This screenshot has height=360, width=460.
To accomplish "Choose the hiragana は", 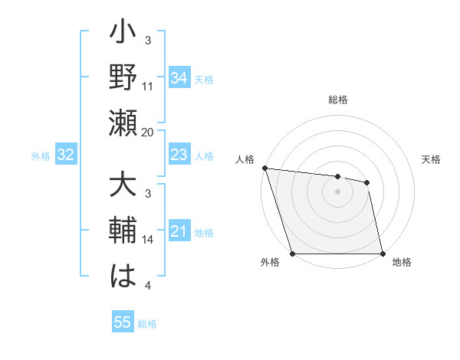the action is coord(123,277).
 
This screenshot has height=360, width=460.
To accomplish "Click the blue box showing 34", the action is coord(179,77).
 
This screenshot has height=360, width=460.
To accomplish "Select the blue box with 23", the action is coord(179,155).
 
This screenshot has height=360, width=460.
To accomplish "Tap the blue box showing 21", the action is coord(179,232).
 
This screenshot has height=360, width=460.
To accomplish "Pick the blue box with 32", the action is coord(65,155).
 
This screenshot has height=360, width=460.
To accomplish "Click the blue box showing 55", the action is coord(123,322).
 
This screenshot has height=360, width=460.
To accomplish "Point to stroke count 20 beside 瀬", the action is coord(148,132).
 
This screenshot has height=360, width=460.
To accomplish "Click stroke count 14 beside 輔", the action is coord(148,240).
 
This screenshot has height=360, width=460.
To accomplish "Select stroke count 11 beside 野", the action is coord(148,87).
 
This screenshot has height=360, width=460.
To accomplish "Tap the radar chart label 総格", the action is coord(338,100).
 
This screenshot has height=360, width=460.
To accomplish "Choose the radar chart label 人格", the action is coord(245,159).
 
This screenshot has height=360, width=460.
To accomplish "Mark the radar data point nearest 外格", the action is coord(293,254).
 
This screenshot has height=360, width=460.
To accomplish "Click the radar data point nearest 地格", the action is coord(382,254).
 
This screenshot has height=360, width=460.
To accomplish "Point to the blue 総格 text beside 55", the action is coord(147,324).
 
